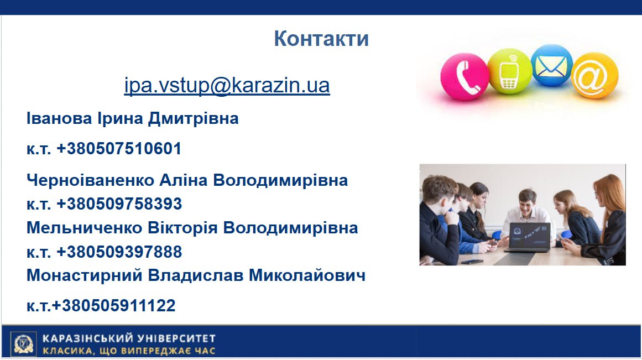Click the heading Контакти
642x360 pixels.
[x=321, y=39]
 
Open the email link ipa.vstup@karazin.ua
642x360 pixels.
[x=227, y=85]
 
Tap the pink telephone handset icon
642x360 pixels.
[x=464, y=76]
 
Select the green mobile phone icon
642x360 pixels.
[x=510, y=71]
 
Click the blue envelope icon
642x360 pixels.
[x=551, y=65]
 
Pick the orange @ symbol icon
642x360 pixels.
[x=594, y=76]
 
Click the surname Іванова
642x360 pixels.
[x=59, y=118]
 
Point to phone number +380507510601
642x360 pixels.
[x=119, y=148]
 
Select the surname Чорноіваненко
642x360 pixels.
[x=91, y=180]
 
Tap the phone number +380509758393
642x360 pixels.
[x=119, y=204]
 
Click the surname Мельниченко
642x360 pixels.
[x=85, y=228]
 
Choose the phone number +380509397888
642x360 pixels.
[x=119, y=252]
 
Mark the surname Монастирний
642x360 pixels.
[x=85, y=275]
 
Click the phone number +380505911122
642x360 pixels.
[x=114, y=305]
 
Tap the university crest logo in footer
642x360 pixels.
[x=23, y=343]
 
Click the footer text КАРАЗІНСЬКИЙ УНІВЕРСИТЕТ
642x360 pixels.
[x=129, y=338]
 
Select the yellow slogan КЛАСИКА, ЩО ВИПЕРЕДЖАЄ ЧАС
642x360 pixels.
[x=129, y=351]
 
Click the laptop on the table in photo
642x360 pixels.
[x=528, y=238]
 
